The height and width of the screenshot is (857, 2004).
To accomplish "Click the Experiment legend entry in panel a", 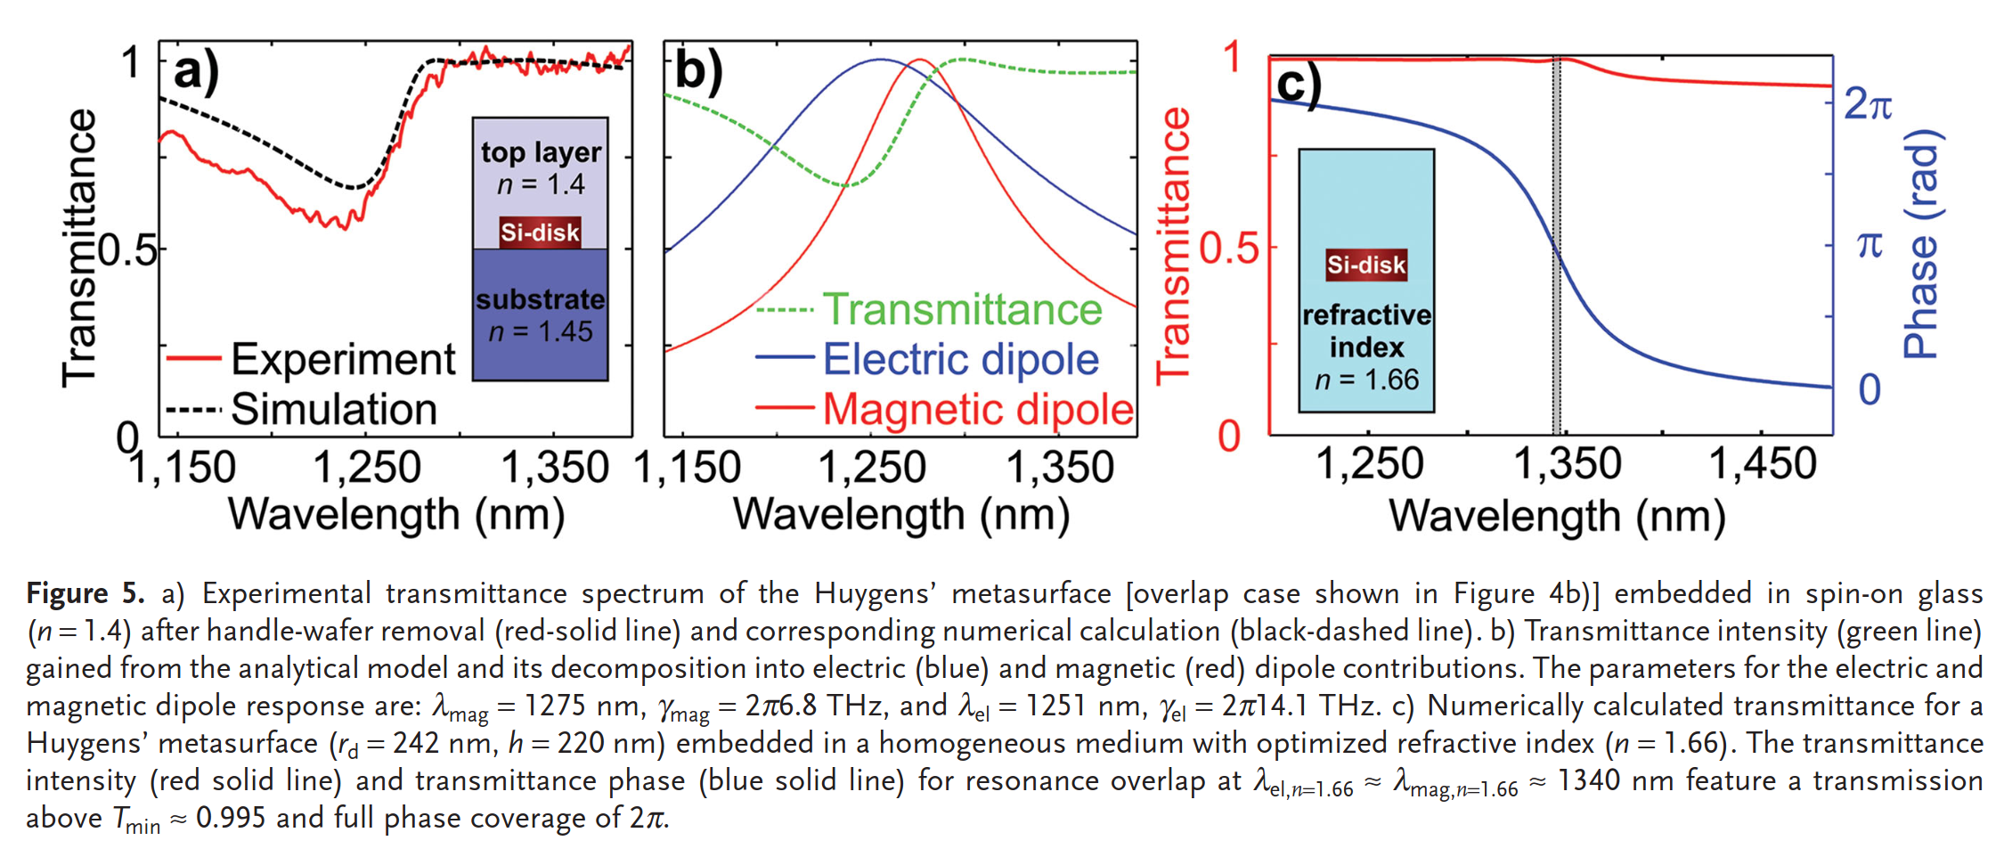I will (x=342, y=359).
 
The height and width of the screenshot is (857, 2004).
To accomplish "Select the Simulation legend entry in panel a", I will (x=333, y=410).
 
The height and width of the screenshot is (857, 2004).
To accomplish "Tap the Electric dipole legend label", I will (x=960, y=360).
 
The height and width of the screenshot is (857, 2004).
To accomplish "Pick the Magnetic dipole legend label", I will (x=977, y=410).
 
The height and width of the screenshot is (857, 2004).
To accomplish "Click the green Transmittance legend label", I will (x=962, y=310).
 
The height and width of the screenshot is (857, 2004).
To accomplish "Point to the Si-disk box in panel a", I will (x=540, y=233).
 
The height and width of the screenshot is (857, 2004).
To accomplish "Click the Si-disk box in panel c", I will (x=1366, y=265).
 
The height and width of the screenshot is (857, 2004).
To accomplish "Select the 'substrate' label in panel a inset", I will (x=540, y=299).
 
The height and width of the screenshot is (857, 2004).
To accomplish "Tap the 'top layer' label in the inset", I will (x=541, y=152).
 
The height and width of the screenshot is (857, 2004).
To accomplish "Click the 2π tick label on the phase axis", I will (x=1868, y=105).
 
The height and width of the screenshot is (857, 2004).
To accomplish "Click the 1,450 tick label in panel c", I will (x=1762, y=464).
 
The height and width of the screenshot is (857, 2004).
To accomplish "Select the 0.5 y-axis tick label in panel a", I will (x=126, y=251).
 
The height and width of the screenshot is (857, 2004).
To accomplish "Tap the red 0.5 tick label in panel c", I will (x=1228, y=249).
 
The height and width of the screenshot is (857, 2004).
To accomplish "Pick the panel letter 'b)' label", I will (x=698, y=71).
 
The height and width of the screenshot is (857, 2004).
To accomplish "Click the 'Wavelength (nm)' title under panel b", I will (x=900, y=515).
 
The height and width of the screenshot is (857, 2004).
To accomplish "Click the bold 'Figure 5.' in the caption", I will (x=85, y=593).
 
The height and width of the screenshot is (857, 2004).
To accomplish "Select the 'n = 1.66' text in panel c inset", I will (x=1366, y=380).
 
